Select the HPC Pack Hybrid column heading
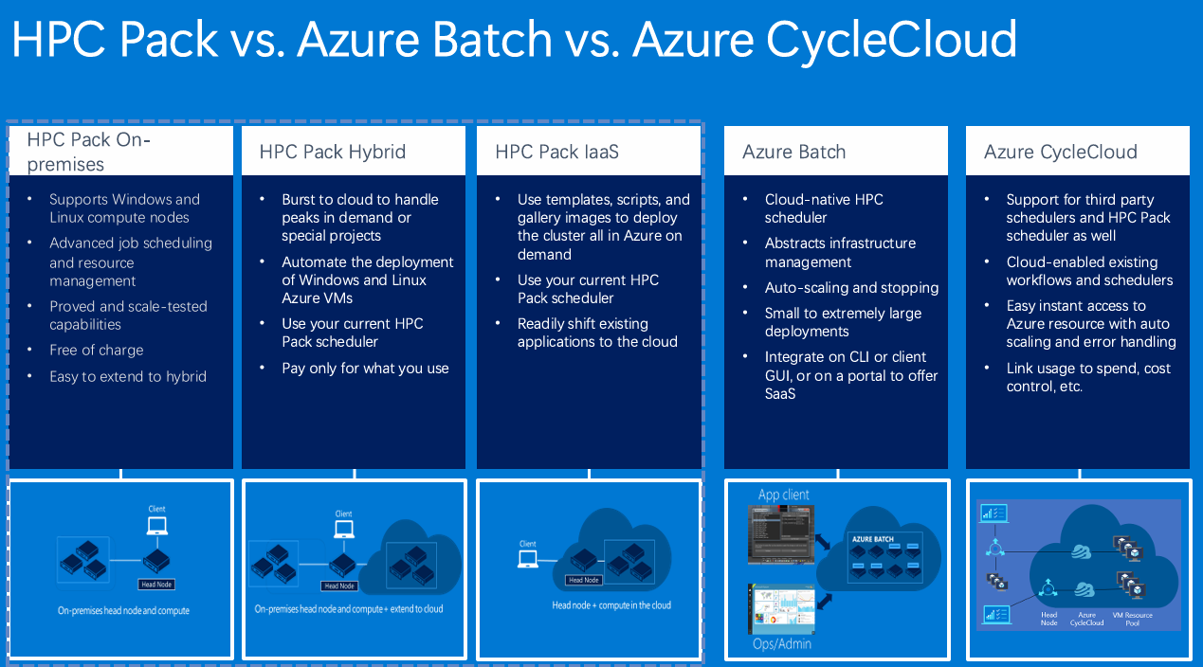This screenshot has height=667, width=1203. (332, 152)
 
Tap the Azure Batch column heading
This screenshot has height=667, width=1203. (793, 152)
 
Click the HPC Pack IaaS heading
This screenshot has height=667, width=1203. (556, 152)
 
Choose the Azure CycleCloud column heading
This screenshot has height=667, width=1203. (1060, 152)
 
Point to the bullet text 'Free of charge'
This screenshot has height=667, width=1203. (97, 351)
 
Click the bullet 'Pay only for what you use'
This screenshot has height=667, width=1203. (365, 369)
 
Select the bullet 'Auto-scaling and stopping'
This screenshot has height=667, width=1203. (851, 288)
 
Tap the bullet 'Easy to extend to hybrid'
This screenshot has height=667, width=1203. (127, 377)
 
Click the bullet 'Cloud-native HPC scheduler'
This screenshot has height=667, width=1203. (824, 208)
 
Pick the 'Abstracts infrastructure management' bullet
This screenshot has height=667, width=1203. (840, 252)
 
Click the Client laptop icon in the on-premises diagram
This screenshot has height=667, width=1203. (157, 525)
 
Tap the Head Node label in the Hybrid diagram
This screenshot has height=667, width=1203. (339, 586)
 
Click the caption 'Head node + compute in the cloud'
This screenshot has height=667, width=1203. (611, 604)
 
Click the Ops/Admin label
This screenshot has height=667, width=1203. (782, 644)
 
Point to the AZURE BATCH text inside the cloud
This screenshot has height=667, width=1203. (873, 539)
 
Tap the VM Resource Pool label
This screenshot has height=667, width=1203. (1132, 619)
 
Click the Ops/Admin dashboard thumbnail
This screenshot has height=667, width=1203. (781, 609)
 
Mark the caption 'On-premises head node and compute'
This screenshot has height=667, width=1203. (123, 610)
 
